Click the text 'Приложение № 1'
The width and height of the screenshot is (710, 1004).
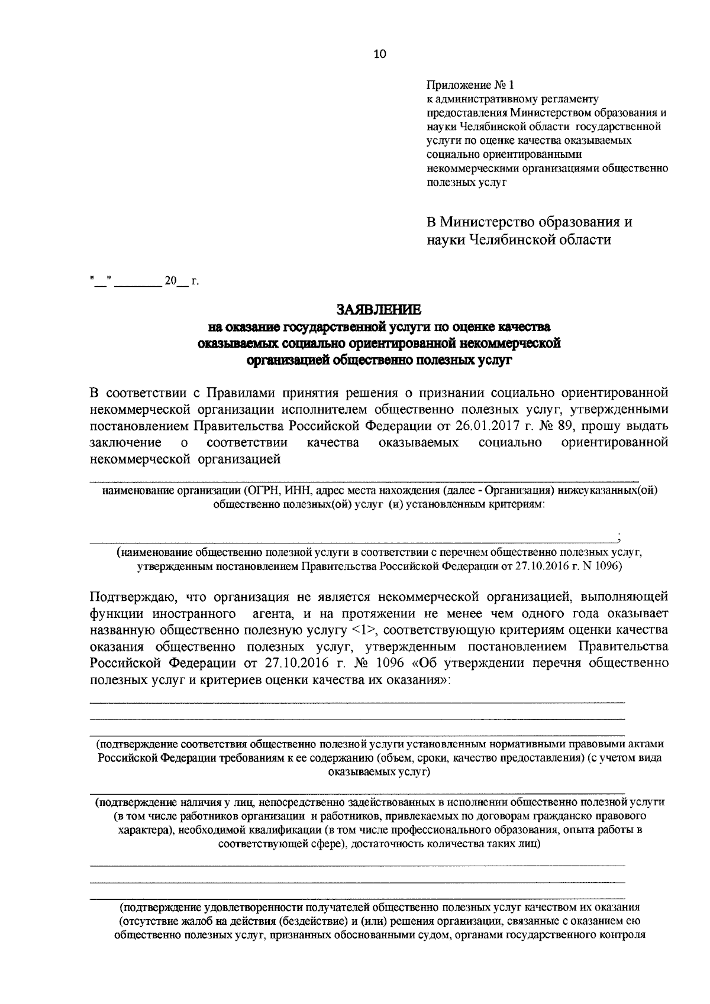466,85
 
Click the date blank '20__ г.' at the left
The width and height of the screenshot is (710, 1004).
182,281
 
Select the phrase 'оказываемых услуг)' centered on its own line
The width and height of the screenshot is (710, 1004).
379,772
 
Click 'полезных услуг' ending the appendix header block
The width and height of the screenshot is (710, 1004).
467,182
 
